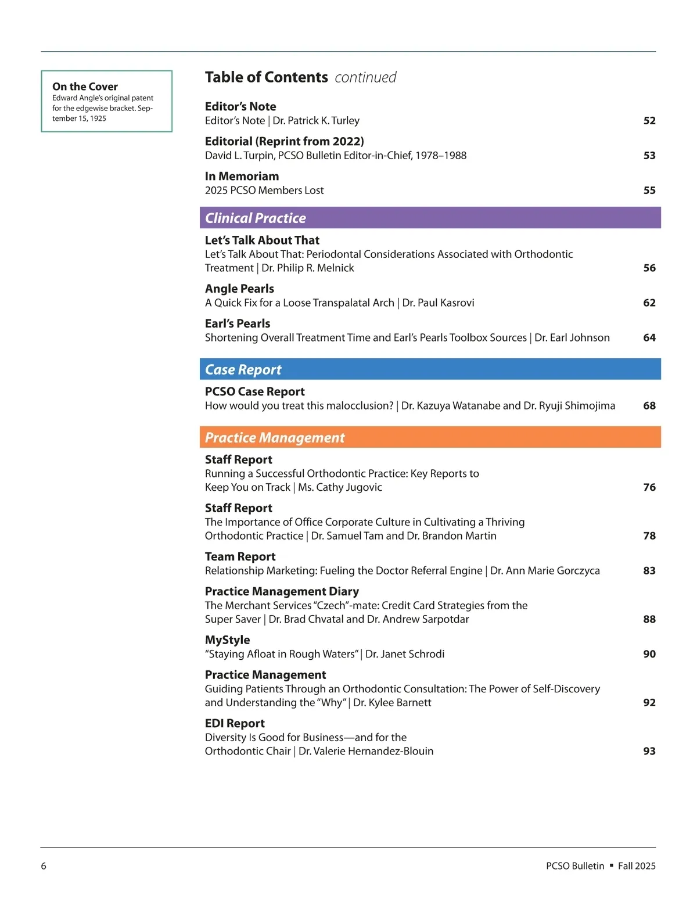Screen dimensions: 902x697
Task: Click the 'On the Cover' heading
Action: pyautogui.click(x=85, y=87)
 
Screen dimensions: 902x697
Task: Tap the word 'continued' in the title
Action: pyautogui.click(x=365, y=77)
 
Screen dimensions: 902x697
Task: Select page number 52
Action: pyautogui.click(x=649, y=121)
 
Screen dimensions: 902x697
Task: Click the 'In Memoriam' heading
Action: pyautogui.click(x=242, y=176)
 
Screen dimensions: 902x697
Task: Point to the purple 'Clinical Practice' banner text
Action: pyautogui.click(x=256, y=218)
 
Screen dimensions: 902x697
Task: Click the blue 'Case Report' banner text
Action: pyautogui.click(x=243, y=370)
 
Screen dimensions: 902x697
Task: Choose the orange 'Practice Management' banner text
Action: pyautogui.click(x=275, y=438)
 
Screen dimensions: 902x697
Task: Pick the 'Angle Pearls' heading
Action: pyautogui.click(x=239, y=289)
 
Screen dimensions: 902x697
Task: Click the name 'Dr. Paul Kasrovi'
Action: pyautogui.click(x=438, y=303)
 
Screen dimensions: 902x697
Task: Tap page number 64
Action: pyautogui.click(x=649, y=337)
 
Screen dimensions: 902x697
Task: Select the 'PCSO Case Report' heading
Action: pyautogui.click(x=254, y=391)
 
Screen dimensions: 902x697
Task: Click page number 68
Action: pyautogui.click(x=649, y=405)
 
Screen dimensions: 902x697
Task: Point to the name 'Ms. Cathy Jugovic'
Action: pyautogui.click(x=340, y=487)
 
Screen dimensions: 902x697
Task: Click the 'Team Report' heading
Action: pyautogui.click(x=240, y=556)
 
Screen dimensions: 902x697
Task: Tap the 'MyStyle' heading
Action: pyautogui.click(x=227, y=640)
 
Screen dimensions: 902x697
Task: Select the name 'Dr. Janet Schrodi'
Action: pyautogui.click(x=405, y=654)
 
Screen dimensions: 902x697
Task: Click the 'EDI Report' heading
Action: pyautogui.click(x=235, y=723)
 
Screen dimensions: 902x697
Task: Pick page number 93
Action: pyautogui.click(x=649, y=751)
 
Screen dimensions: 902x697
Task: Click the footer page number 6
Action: pyautogui.click(x=44, y=866)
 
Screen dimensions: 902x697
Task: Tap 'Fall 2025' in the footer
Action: pyautogui.click(x=637, y=866)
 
